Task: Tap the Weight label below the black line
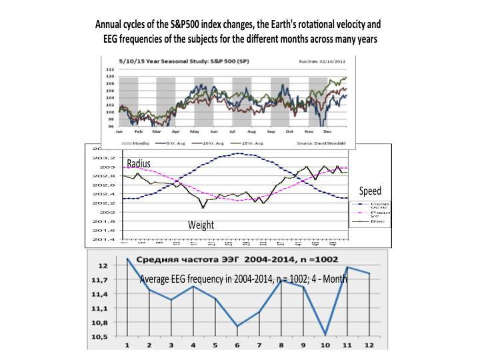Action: coord(200,225)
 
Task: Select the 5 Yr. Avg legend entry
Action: coord(171,142)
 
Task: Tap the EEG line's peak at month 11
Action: coord(348,267)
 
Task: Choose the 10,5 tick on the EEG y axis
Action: coord(99,337)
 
